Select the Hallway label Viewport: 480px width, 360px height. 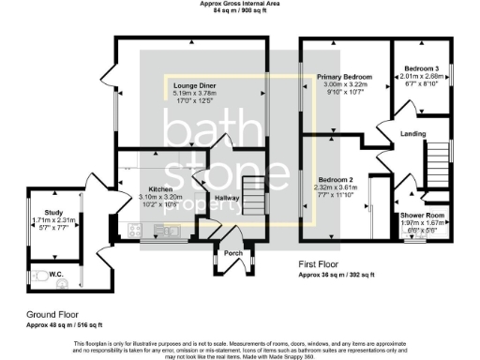pos(228,198)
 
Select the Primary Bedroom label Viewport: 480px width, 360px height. pos(344,77)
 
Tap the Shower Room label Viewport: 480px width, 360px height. pos(422,215)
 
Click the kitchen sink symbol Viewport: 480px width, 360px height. pos(172,230)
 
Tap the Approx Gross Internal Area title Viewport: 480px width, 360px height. pos(242,4)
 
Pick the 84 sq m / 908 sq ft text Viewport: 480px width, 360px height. pos(242,11)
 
